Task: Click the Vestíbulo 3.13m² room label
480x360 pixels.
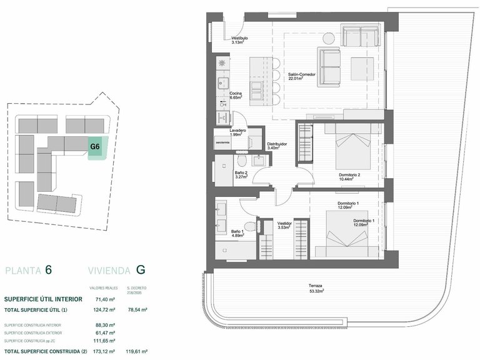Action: tap(239, 41)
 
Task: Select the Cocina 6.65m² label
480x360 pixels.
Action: tap(236, 96)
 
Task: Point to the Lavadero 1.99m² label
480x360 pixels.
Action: tap(237, 132)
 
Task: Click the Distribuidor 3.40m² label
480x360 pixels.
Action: tap(277, 146)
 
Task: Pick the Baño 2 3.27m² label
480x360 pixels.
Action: tap(241, 175)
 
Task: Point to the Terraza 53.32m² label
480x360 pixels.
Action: tap(316, 289)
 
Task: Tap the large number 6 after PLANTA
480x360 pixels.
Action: tap(48, 270)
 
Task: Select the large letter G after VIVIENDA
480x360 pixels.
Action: tap(141, 270)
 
